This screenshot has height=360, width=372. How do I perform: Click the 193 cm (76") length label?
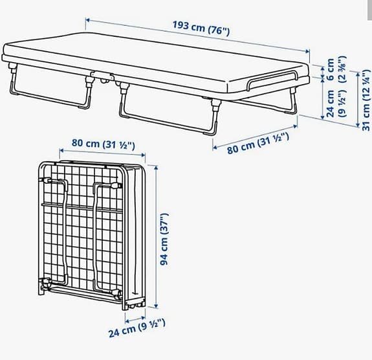click(201, 28)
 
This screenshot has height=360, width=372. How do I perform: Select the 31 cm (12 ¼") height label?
click(367, 100)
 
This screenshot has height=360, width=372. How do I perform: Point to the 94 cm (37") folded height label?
click(164, 239)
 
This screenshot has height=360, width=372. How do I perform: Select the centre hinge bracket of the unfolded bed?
click(103, 76)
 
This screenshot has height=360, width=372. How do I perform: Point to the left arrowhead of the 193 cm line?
click(87, 20)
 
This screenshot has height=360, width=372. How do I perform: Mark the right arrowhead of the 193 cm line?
click(308, 51)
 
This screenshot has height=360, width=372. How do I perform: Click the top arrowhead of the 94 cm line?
click(156, 168)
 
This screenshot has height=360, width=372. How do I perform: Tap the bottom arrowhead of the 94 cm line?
click(156, 306)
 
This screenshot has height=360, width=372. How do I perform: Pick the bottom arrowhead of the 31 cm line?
click(358, 125)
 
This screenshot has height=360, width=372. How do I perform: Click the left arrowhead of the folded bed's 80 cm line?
click(61, 150)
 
